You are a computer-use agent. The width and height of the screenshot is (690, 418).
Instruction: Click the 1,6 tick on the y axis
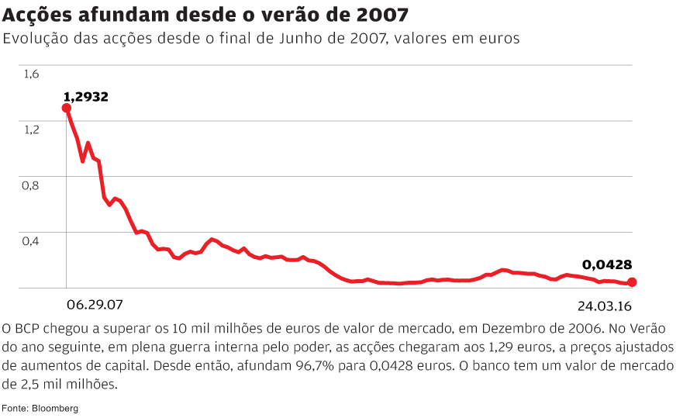tap(31, 74)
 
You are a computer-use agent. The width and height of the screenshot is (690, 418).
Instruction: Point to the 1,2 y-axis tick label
tap(31, 130)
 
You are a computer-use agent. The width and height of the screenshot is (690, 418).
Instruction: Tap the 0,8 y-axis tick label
tap(31, 185)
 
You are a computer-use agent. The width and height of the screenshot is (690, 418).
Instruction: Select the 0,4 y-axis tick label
tap(31, 241)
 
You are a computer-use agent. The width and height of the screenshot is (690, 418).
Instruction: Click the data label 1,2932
tap(85, 97)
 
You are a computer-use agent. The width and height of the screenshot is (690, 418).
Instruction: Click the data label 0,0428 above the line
tap(607, 264)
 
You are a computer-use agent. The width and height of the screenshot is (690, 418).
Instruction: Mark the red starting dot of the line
tap(67, 108)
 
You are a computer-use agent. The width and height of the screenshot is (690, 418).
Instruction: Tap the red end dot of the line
tap(632, 282)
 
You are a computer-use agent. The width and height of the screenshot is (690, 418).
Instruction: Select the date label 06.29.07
tap(95, 304)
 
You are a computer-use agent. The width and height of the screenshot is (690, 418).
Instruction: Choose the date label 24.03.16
tap(605, 304)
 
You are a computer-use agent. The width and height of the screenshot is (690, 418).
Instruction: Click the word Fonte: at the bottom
tap(15, 407)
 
